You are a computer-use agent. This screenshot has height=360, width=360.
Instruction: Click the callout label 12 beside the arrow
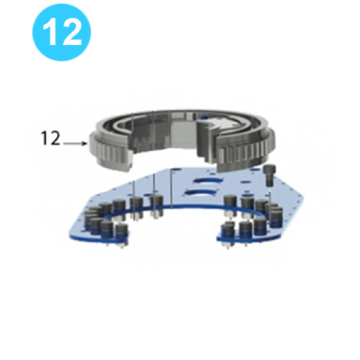click(x=50, y=139)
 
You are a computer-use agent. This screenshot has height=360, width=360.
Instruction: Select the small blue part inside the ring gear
click(x=207, y=119)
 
